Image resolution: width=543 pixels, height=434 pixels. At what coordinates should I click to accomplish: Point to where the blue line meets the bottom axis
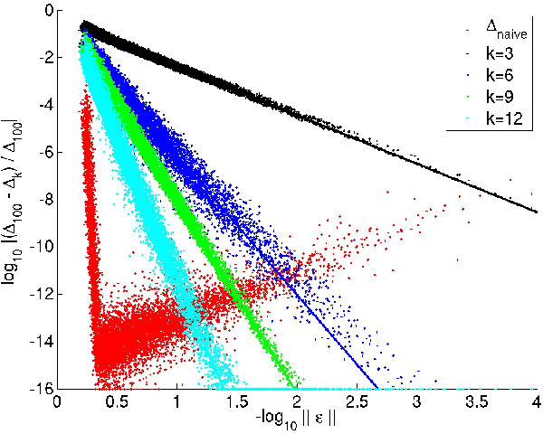click(x=377, y=388)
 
